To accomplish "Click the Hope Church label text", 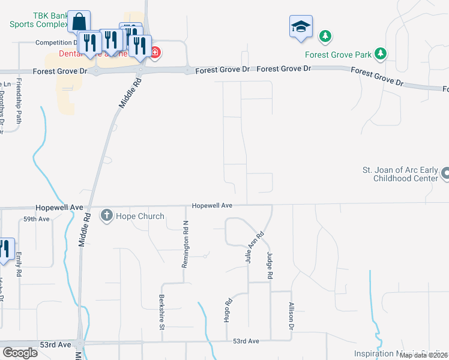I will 140,216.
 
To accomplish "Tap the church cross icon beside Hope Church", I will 107,215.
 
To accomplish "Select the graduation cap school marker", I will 301,27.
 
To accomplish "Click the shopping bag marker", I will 79,22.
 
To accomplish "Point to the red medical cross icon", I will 155,53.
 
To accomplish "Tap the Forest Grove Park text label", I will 339,55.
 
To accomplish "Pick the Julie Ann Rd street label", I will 254,248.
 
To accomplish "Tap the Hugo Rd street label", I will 228,311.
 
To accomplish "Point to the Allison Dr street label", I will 291,316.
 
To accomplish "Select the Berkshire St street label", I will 162,313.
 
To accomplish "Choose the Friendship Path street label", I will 20,101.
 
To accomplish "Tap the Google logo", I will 20,352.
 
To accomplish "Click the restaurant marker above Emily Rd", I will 5,250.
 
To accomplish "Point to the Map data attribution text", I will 423,355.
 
